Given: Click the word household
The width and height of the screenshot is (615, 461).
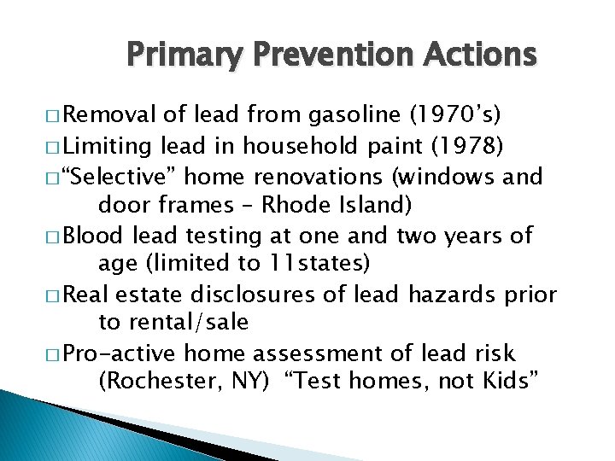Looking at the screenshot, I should (x=291, y=146).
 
